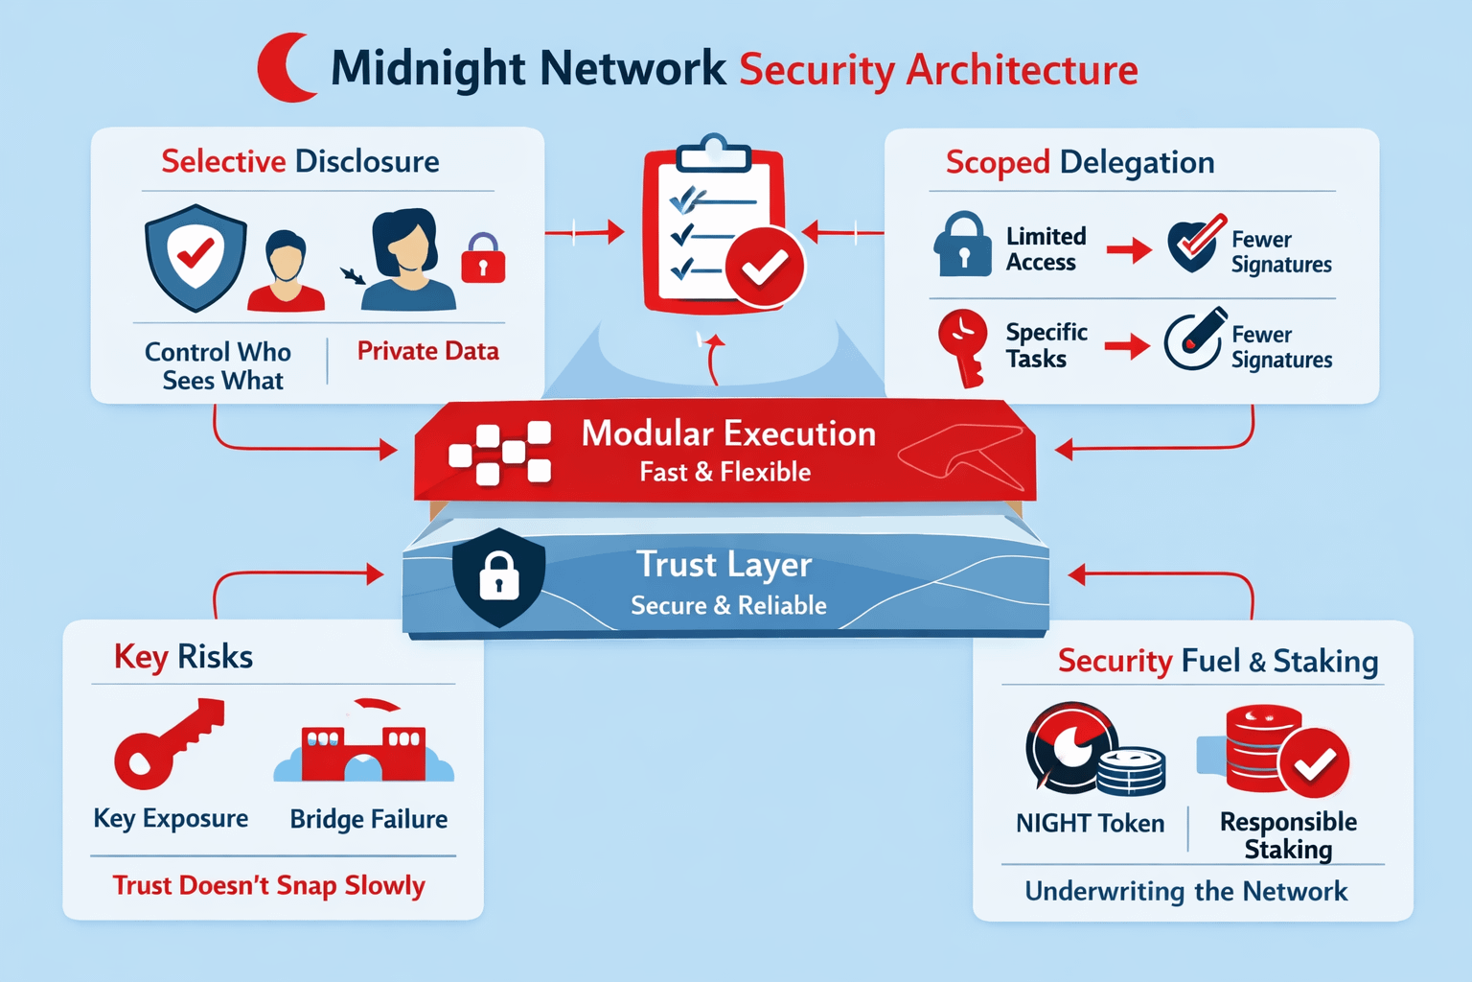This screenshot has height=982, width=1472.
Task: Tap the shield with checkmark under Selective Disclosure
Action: tap(195, 256)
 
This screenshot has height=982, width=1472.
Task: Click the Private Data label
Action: tap(427, 351)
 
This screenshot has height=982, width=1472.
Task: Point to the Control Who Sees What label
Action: tap(218, 366)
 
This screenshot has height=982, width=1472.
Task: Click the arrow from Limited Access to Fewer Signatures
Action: tap(1129, 251)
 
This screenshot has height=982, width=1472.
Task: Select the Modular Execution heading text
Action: tap(728, 433)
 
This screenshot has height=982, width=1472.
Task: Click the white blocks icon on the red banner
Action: tap(500, 452)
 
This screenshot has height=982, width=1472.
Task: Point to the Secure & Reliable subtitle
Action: tap(728, 605)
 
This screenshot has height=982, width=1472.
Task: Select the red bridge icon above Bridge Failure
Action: tap(364, 749)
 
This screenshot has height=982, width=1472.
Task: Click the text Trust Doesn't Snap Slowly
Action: tap(268, 884)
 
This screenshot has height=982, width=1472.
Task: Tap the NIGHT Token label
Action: tap(1090, 823)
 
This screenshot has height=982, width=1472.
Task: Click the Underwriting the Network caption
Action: tap(1185, 891)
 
